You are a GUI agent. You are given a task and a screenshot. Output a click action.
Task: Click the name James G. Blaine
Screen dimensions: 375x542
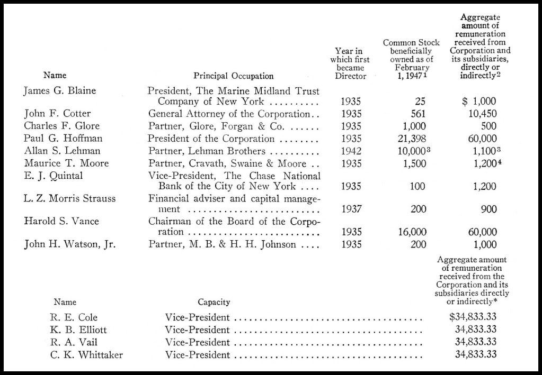point(59,90)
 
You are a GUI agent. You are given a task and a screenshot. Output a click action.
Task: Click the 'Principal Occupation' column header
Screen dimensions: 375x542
point(234,76)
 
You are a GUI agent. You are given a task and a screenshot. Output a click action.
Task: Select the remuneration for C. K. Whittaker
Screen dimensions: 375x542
point(476,354)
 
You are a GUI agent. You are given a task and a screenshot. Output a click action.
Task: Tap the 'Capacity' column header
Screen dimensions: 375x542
point(214,302)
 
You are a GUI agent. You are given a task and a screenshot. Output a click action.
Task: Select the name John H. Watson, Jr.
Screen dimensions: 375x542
point(70,244)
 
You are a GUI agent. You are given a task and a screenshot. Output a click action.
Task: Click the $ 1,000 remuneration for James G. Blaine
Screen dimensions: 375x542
point(479,101)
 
